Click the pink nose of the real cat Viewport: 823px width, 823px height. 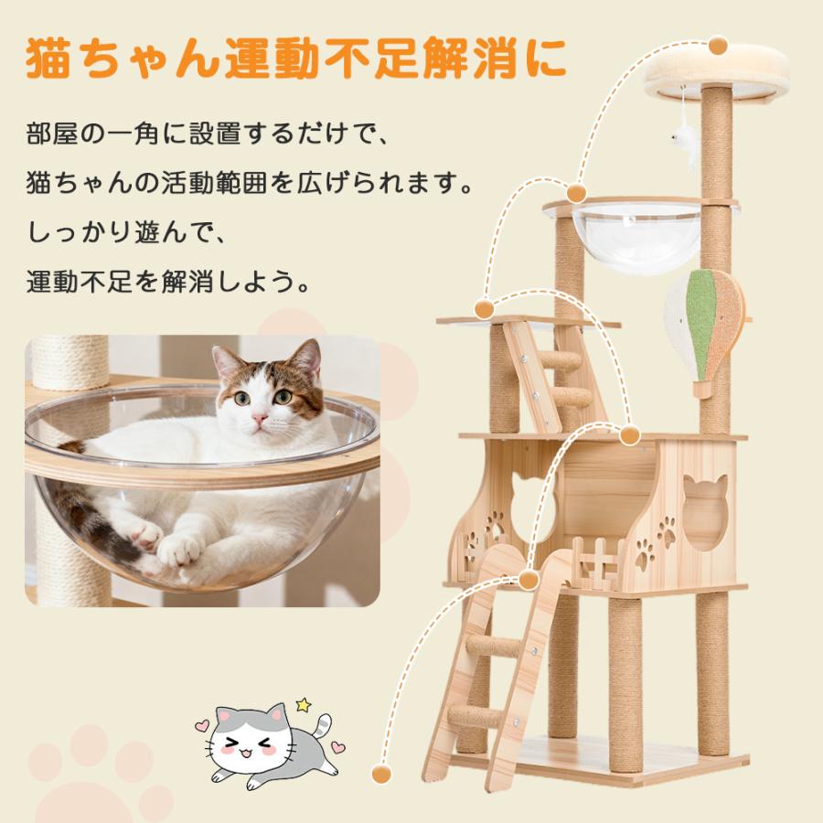pyautogui.click(x=261, y=419)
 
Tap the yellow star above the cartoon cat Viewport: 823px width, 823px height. pyautogui.click(x=303, y=705)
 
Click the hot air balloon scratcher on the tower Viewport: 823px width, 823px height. pyautogui.click(x=705, y=329)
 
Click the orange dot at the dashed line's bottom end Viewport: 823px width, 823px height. pyautogui.click(x=381, y=774)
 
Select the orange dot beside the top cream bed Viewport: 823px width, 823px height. pyautogui.click(x=718, y=45)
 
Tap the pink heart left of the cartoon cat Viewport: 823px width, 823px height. pyautogui.click(x=203, y=726)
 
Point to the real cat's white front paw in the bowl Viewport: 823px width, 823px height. pyautogui.click(x=180, y=550)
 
